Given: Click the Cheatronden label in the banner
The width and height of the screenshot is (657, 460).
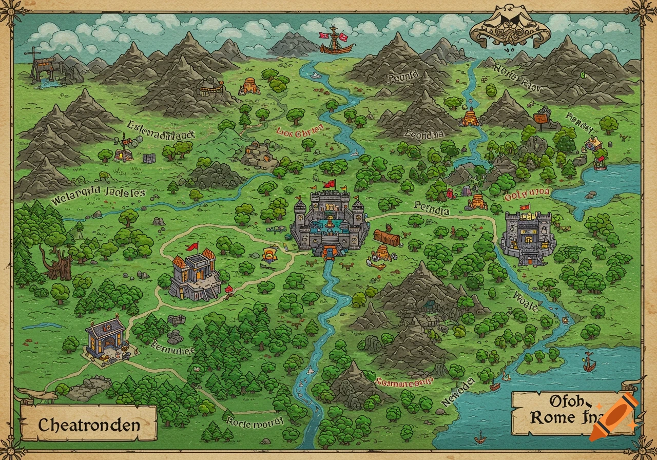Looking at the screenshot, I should tap(89, 425).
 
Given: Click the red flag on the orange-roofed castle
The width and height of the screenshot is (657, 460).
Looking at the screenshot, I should tap(193, 247).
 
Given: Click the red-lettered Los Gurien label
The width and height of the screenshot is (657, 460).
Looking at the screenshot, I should tap(300, 130).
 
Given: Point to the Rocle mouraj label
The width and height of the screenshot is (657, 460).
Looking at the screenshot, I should tap(255, 422).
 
